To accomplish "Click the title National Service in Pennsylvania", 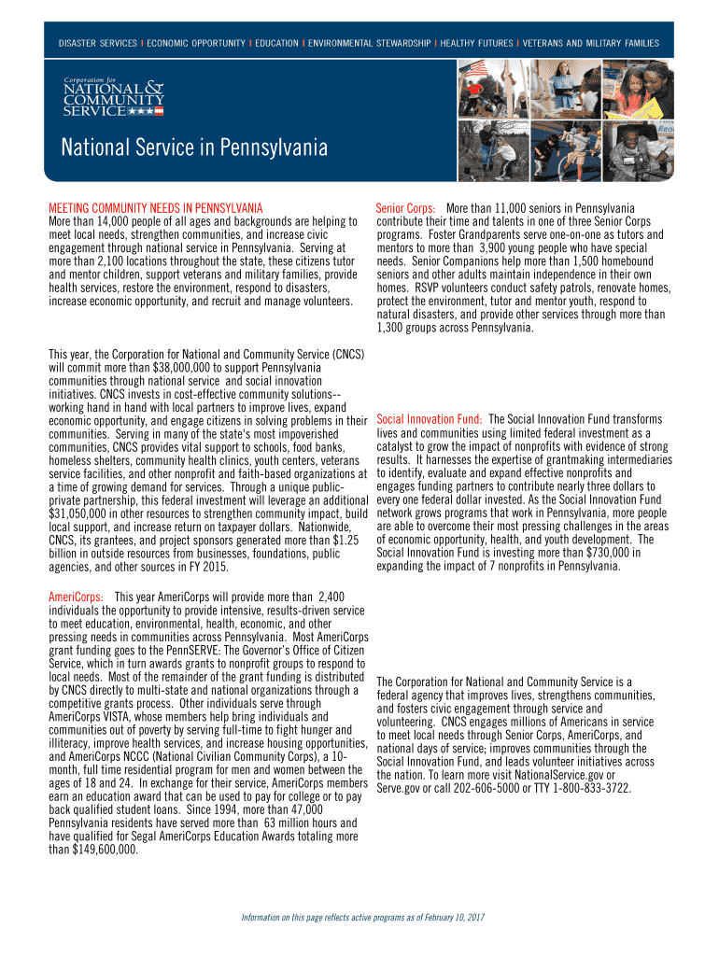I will [194, 148].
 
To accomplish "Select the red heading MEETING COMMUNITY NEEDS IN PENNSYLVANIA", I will [155, 207].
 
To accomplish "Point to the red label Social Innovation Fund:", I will [429, 419].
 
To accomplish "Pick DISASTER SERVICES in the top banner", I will [97, 44].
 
